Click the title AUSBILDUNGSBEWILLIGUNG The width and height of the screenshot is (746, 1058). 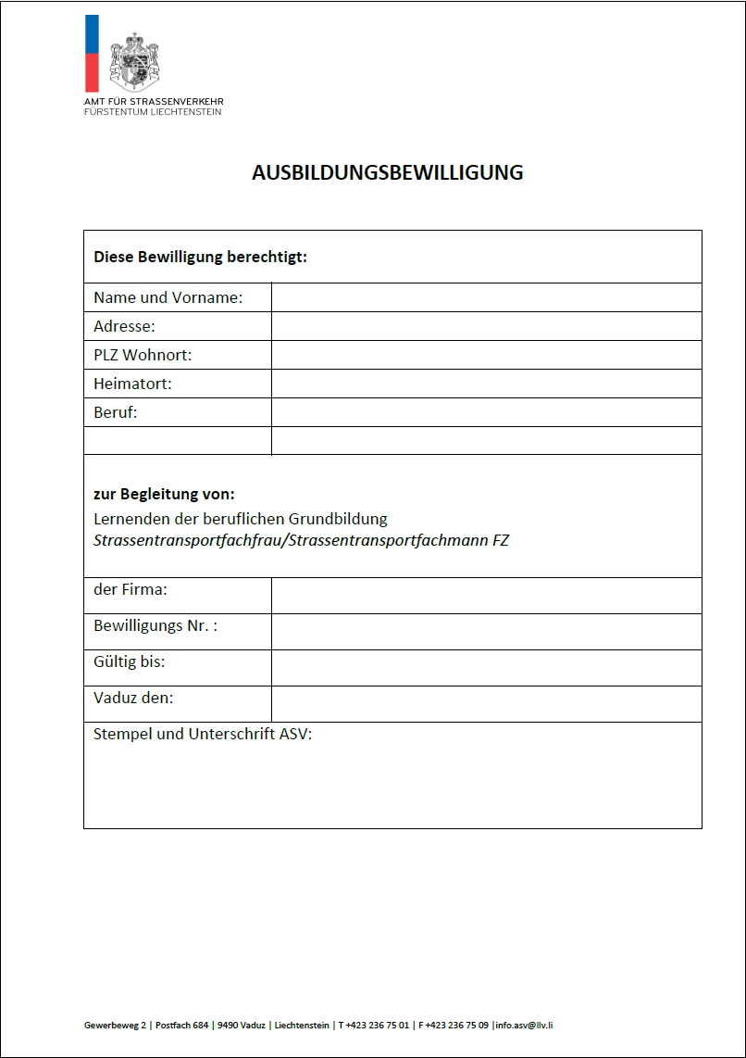click(387, 173)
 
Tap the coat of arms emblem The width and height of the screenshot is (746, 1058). click(135, 60)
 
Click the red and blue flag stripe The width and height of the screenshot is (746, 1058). click(91, 53)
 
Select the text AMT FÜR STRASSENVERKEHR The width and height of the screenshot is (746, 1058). click(154, 101)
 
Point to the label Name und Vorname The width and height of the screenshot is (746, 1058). click(168, 298)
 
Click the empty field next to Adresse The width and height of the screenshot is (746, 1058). click(486, 326)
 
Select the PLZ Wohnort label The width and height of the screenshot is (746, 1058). click(143, 355)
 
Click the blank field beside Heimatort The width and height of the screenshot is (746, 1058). click(486, 384)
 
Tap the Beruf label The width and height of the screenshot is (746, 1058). click(115, 412)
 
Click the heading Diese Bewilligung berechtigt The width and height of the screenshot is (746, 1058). click(200, 257)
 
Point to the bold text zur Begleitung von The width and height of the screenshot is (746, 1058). click(164, 495)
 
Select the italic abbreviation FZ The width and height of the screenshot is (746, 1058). click(500, 540)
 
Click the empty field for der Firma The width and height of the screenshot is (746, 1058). click(486, 596)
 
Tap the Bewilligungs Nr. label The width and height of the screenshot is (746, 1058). click(155, 626)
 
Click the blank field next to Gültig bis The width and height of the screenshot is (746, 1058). click(486, 668)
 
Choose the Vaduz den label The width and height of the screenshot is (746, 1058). click(133, 699)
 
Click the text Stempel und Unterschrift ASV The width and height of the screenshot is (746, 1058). click(203, 735)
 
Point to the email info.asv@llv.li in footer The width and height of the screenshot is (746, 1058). click(525, 1025)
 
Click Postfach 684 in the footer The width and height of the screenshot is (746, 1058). click(180, 1025)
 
